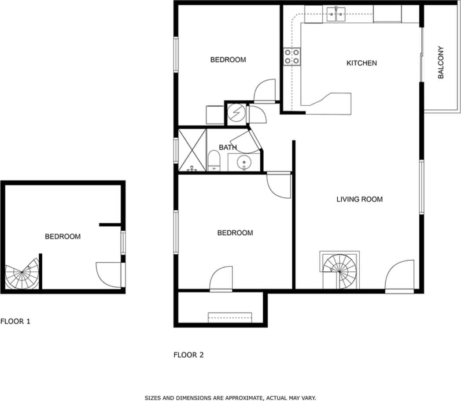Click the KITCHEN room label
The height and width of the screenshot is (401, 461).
pos(361,63)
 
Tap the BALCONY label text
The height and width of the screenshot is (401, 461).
pos(441,63)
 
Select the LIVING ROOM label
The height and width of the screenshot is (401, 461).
pos(359,199)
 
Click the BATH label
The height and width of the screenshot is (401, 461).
pos(228,147)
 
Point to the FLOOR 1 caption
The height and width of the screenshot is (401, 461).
pos(15,321)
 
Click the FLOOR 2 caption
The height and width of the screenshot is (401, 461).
pos(188,354)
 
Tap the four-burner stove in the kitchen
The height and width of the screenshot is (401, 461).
pos(291,56)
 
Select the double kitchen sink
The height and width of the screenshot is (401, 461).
pos(337,15)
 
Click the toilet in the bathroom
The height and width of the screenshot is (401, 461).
pos(214,160)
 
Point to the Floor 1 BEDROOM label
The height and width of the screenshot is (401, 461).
pos(63,237)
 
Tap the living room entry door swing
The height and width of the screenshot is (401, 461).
pos(400,276)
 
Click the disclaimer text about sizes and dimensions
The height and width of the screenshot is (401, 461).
pos(230,397)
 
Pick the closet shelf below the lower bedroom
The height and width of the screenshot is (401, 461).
pos(230,317)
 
